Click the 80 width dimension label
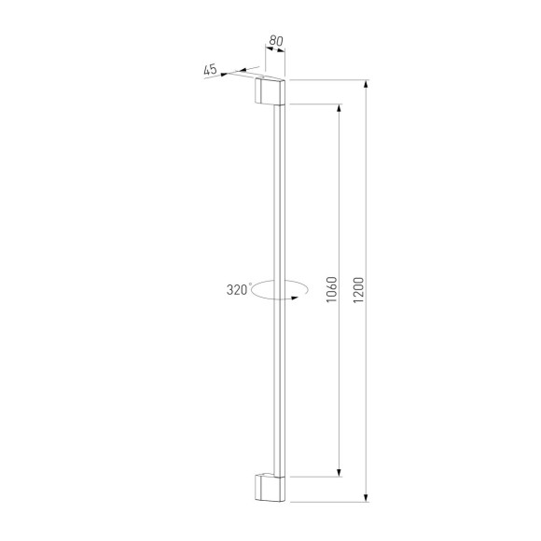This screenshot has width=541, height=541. (x=275, y=40)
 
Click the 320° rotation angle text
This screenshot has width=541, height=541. (x=238, y=289)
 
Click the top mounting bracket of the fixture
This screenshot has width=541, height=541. (x=270, y=91)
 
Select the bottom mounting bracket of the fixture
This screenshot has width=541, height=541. (x=270, y=487)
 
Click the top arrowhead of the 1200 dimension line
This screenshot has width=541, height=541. (x=367, y=85)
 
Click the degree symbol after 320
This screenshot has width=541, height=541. (x=249, y=284)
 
